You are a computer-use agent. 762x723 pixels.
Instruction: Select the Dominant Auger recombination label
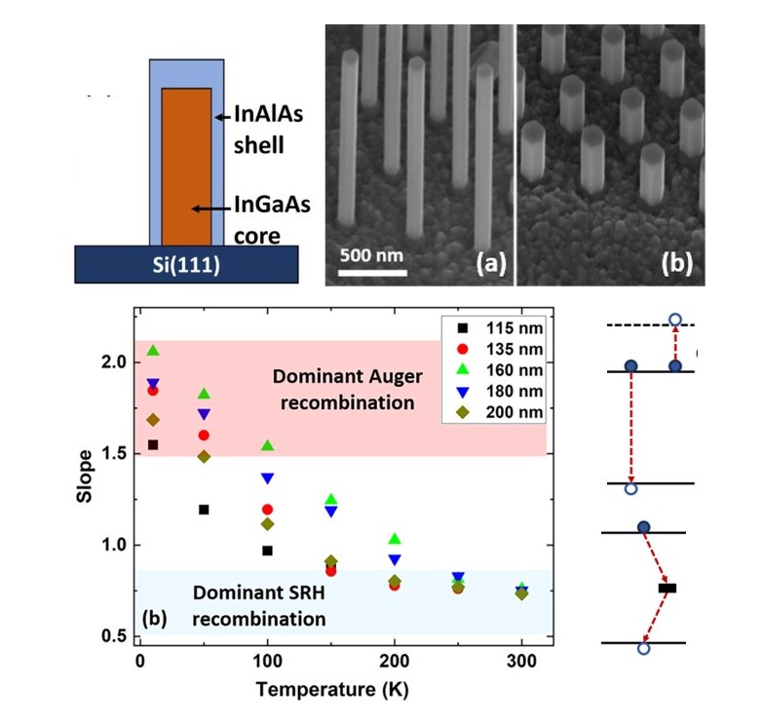pyautogui.click(x=342, y=389)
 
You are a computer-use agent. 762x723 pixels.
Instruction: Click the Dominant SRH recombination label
pyautogui.click(x=257, y=604)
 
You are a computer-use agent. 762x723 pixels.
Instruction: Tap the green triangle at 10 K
pyautogui.click(x=152, y=351)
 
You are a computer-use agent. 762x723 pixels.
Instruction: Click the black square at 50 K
pyautogui.click(x=204, y=509)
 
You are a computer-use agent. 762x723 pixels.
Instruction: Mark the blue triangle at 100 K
pyautogui.click(x=267, y=477)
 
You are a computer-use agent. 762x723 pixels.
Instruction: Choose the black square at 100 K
pyautogui.click(x=267, y=551)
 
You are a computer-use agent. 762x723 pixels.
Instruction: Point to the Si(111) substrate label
pyautogui.click(x=186, y=262)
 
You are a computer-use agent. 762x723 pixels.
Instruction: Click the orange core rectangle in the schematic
pyautogui.click(x=186, y=166)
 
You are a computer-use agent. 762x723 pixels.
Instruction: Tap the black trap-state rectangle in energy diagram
pyautogui.click(x=667, y=588)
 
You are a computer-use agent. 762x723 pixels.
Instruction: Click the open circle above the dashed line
pyautogui.click(x=675, y=320)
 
